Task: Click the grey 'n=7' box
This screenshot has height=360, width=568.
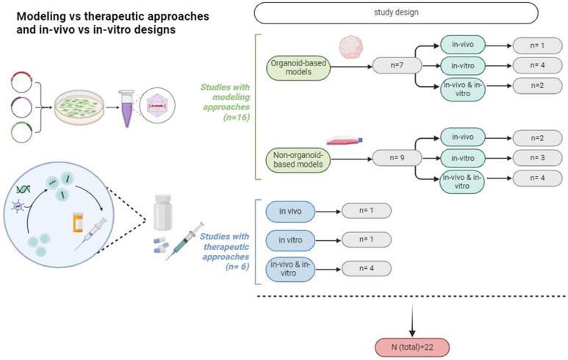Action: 396,66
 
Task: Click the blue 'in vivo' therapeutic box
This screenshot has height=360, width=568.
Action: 290,212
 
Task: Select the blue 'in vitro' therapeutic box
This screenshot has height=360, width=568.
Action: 290,240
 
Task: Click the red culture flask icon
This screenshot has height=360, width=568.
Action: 342,140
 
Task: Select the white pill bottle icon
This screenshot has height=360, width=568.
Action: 164,212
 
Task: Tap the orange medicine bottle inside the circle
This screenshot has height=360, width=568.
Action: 78,221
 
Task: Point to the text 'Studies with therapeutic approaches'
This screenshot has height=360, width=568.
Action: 225,246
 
